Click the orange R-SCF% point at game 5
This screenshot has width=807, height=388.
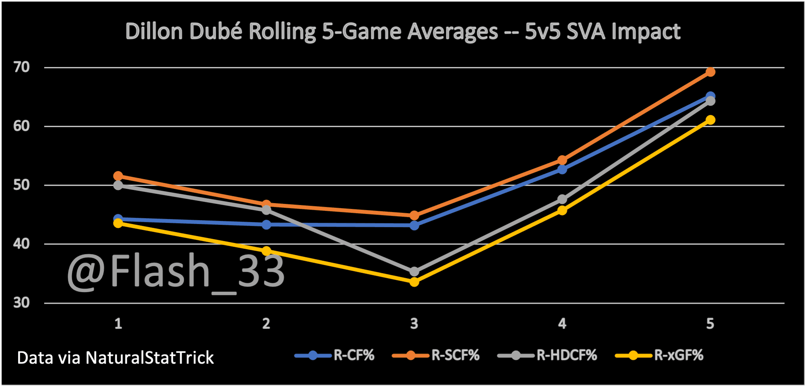pos(710,72)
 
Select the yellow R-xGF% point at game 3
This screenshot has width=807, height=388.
pos(414,282)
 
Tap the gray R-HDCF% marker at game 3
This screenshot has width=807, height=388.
pos(414,272)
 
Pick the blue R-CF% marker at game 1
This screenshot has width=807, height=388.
pos(118,219)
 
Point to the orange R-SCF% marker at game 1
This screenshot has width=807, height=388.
pos(118,176)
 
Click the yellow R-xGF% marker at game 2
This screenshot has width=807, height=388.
pos(266,251)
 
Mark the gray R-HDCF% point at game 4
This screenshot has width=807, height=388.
pos(562,200)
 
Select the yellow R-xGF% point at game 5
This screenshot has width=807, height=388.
pos(710,120)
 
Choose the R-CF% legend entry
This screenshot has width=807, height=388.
pos(335,355)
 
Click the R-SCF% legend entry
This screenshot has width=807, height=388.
pos(436,355)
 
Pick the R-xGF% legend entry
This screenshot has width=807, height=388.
pos(659,355)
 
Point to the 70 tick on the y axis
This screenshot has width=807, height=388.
pos(22,67)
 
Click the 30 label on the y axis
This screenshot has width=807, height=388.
pos(22,303)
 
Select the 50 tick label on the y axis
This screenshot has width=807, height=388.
pos(22,185)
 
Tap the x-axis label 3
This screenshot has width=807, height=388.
pos(414,323)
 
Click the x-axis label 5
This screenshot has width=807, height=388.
pos(710,323)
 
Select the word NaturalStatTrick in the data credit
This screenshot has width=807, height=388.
pos(149,358)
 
